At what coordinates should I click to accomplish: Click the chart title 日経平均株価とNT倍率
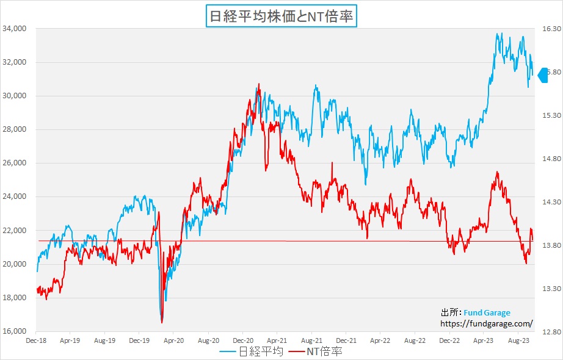(x=281, y=16)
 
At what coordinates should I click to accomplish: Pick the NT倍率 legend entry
(x=323, y=351)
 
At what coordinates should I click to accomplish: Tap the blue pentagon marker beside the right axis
(x=543, y=74)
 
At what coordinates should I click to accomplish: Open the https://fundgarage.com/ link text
(x=487, y=324)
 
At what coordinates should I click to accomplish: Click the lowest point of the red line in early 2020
(x=162, y=322)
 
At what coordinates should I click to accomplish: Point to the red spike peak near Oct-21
(x=332, y=163)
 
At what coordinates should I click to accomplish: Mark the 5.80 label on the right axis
(x=552, y=72)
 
